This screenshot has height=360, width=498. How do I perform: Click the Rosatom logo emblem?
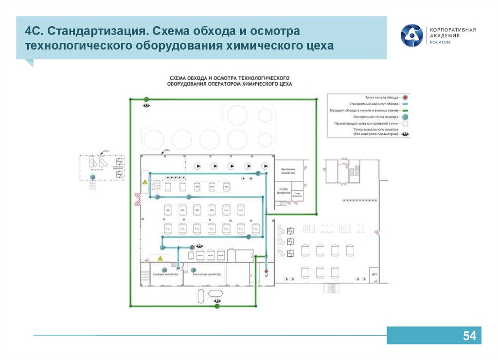(411, 36)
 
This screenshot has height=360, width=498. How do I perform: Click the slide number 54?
(469, 336)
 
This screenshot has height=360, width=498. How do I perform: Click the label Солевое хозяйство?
(166, 274)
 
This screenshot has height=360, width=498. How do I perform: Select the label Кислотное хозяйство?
(207, 274)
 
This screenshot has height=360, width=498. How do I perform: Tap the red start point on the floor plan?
(266, 271)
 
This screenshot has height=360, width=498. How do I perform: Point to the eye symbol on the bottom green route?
(217, 302)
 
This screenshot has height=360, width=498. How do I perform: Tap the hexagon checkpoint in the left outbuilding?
(92, 178)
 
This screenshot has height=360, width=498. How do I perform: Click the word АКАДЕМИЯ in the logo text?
(445, 36)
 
